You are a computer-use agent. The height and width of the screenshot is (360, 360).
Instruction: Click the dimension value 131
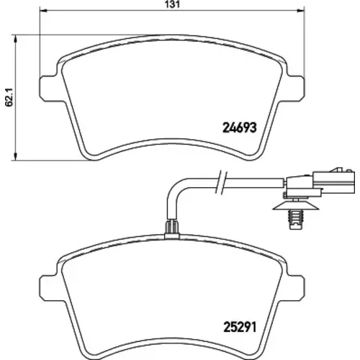(172, 4)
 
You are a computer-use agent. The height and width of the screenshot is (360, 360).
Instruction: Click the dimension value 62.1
(10, 97)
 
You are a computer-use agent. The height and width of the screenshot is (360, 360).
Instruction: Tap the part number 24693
(240, 127)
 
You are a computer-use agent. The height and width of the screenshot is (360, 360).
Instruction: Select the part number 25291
(240, 327)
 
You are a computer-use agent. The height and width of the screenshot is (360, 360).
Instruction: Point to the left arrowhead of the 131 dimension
(42, 10)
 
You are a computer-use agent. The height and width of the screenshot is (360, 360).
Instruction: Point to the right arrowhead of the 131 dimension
(301, 10)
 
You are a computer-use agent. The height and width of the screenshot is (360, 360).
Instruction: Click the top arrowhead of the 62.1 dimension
(16, 40)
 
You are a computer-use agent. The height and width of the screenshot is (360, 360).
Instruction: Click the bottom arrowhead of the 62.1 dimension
(16, 156)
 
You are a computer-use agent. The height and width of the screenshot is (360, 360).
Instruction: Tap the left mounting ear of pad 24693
(48, 88)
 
